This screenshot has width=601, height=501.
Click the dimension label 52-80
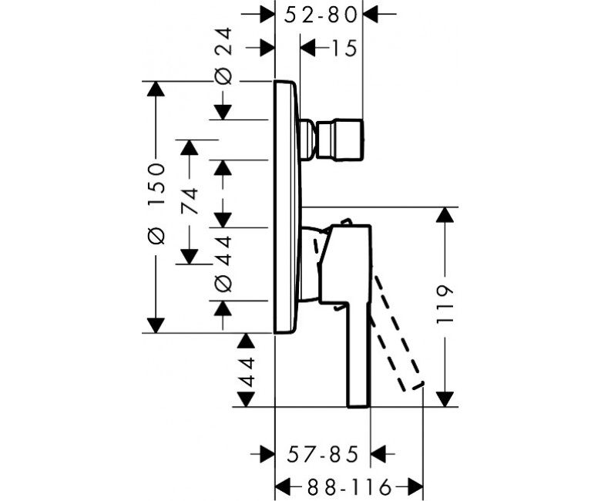pos(321,15)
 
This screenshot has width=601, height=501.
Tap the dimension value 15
pos(344,49)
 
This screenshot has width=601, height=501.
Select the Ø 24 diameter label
pos(223,56)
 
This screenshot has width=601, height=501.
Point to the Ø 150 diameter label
pos(156,203)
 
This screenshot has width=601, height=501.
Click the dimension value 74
pos(190,201)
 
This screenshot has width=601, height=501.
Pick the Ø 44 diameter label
pos(223,264)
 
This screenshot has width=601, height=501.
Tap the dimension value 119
pos(445,304)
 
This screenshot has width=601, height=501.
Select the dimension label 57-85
pos(323,454)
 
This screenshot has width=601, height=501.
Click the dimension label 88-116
pos(350,487)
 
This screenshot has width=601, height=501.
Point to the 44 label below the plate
pos(246,372)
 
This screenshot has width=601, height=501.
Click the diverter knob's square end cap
pos(340,140)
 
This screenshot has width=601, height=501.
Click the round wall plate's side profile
pos(287,207)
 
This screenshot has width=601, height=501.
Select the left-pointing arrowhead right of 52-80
pos(371,15)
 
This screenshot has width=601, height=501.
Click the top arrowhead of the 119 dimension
pos(445,215)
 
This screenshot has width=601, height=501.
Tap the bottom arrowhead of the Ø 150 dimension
pos(156,325)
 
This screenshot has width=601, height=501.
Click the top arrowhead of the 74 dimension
pos(190,147)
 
